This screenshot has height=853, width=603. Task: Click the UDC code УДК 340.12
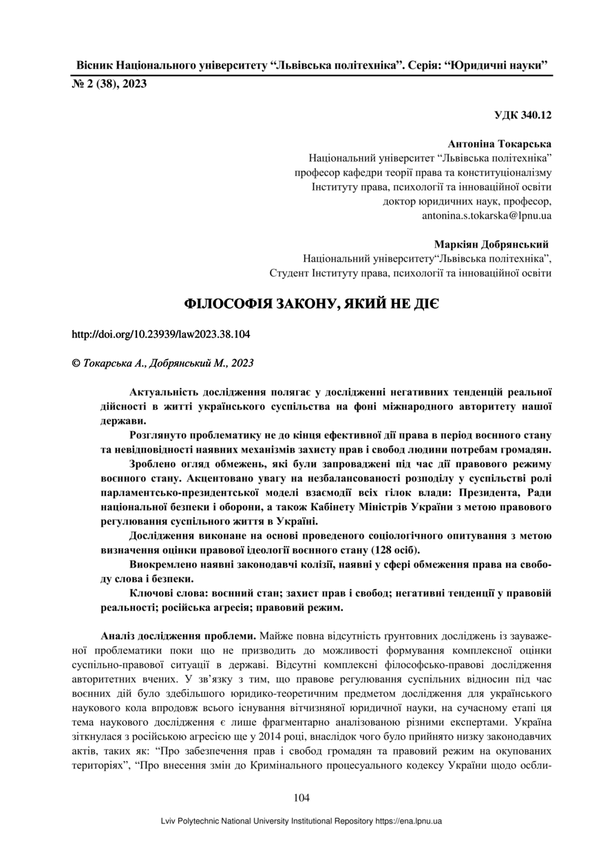click(x=523, y=115)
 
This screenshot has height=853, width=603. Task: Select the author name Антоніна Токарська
click(x=500, y=144)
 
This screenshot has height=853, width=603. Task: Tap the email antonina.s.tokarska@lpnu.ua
click(x=487, y=215)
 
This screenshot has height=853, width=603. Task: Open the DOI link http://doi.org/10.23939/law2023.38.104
click(x=161, y=335)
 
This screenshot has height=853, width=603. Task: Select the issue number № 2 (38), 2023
click(x=109, y=84)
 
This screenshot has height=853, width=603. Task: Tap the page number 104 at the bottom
click(x=301, y=798)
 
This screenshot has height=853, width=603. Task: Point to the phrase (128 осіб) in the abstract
click(x=395, y=550)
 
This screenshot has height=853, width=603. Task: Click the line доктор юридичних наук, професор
click(x=467, y=201)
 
